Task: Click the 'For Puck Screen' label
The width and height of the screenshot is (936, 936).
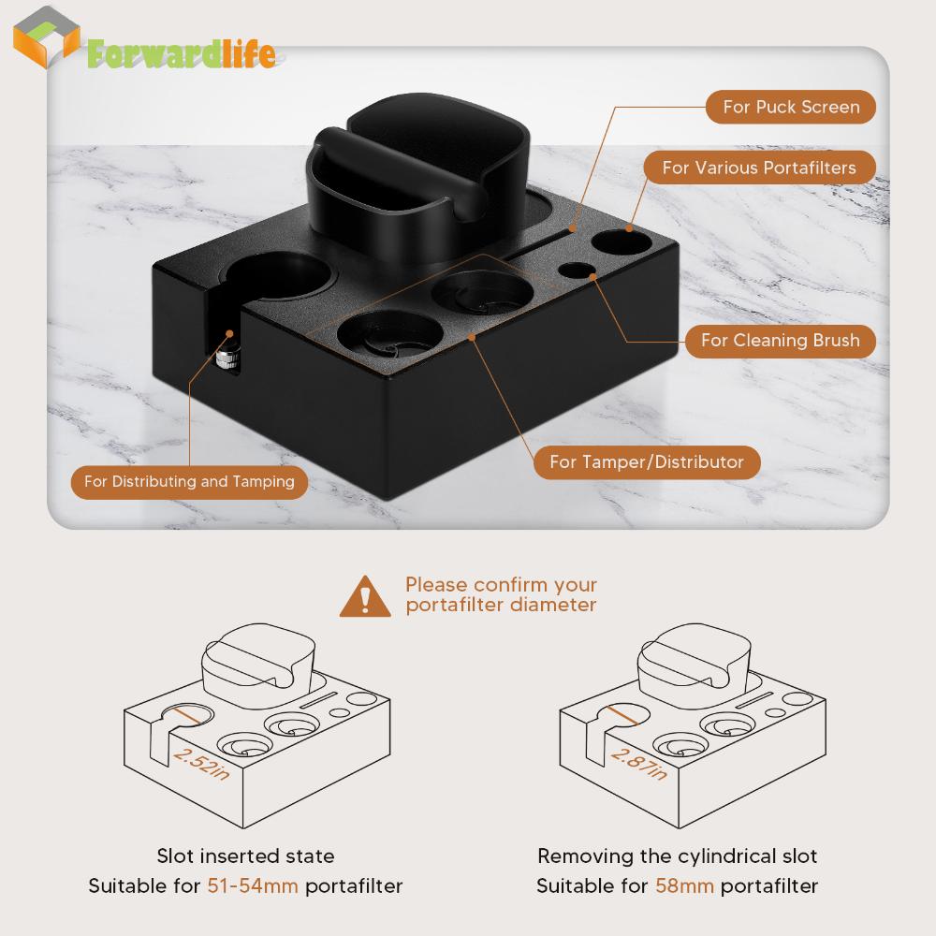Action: click(791, 107)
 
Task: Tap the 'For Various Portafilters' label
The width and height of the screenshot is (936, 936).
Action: click(759, 168)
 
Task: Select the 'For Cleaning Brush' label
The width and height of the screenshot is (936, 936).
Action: click(781, 341)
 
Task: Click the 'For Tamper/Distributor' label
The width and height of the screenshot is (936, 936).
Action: click(647, 462)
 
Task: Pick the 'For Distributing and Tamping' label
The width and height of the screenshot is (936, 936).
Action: click(189, 482)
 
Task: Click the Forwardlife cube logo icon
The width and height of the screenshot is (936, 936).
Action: click(47, 37)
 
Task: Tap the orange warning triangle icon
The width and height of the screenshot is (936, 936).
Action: click(365, 596)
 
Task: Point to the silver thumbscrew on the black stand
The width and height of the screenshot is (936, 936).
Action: click(227, 359)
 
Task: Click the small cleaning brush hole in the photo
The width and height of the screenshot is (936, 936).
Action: click(578, 271)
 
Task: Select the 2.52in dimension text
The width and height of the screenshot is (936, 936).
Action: click(201, 764)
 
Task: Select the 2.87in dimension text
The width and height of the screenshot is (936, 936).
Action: click(638, 764)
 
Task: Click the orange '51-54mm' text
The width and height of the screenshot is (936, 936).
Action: click(253, 885)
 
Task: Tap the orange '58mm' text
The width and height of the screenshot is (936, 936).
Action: click(684, 885)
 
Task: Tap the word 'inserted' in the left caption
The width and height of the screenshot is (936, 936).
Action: click(240, 856)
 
